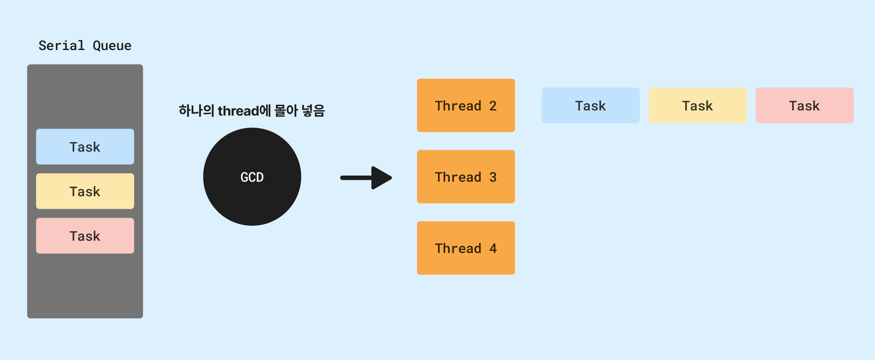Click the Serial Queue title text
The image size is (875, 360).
point(85,46)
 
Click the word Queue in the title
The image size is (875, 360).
point(112,46)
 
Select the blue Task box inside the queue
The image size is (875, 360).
point(85,147)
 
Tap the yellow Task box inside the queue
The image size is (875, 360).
point(85,191)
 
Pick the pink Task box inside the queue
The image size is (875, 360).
point(85,236)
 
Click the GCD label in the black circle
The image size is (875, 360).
point(252,177)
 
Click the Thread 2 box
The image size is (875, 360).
point(466,105)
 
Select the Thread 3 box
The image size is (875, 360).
point(466,177)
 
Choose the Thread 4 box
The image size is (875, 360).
point(466,248)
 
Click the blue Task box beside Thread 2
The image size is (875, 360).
point(590,105)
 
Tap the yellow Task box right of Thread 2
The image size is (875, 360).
point(697,105)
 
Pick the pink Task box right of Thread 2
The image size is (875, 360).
point(804,105)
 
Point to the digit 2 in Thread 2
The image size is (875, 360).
point(493,106)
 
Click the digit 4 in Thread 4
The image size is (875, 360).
point(493,248)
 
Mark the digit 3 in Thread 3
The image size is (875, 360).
point(493,177)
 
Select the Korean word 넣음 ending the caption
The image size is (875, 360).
point(313,110)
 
